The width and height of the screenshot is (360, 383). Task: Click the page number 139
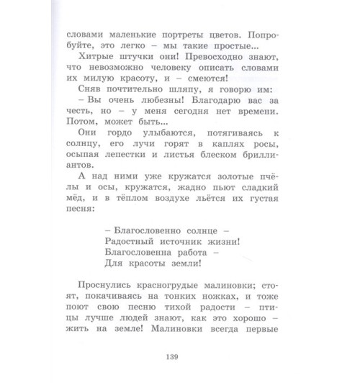click(x=180, y=355)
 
